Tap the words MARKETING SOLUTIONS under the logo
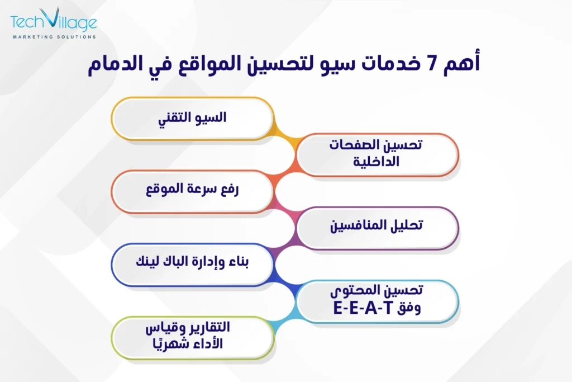pos(54,37)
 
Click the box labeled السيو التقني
pos(192,117)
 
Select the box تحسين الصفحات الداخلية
pos(377,154)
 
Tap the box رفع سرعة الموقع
pos(192,190)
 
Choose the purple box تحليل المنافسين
pos(377,227)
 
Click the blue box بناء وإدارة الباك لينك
pos(192,262)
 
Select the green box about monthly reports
pos(192,336)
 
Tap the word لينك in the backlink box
pos(149,262)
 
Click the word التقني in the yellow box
pos(176,117)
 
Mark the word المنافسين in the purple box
pos(360,227)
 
